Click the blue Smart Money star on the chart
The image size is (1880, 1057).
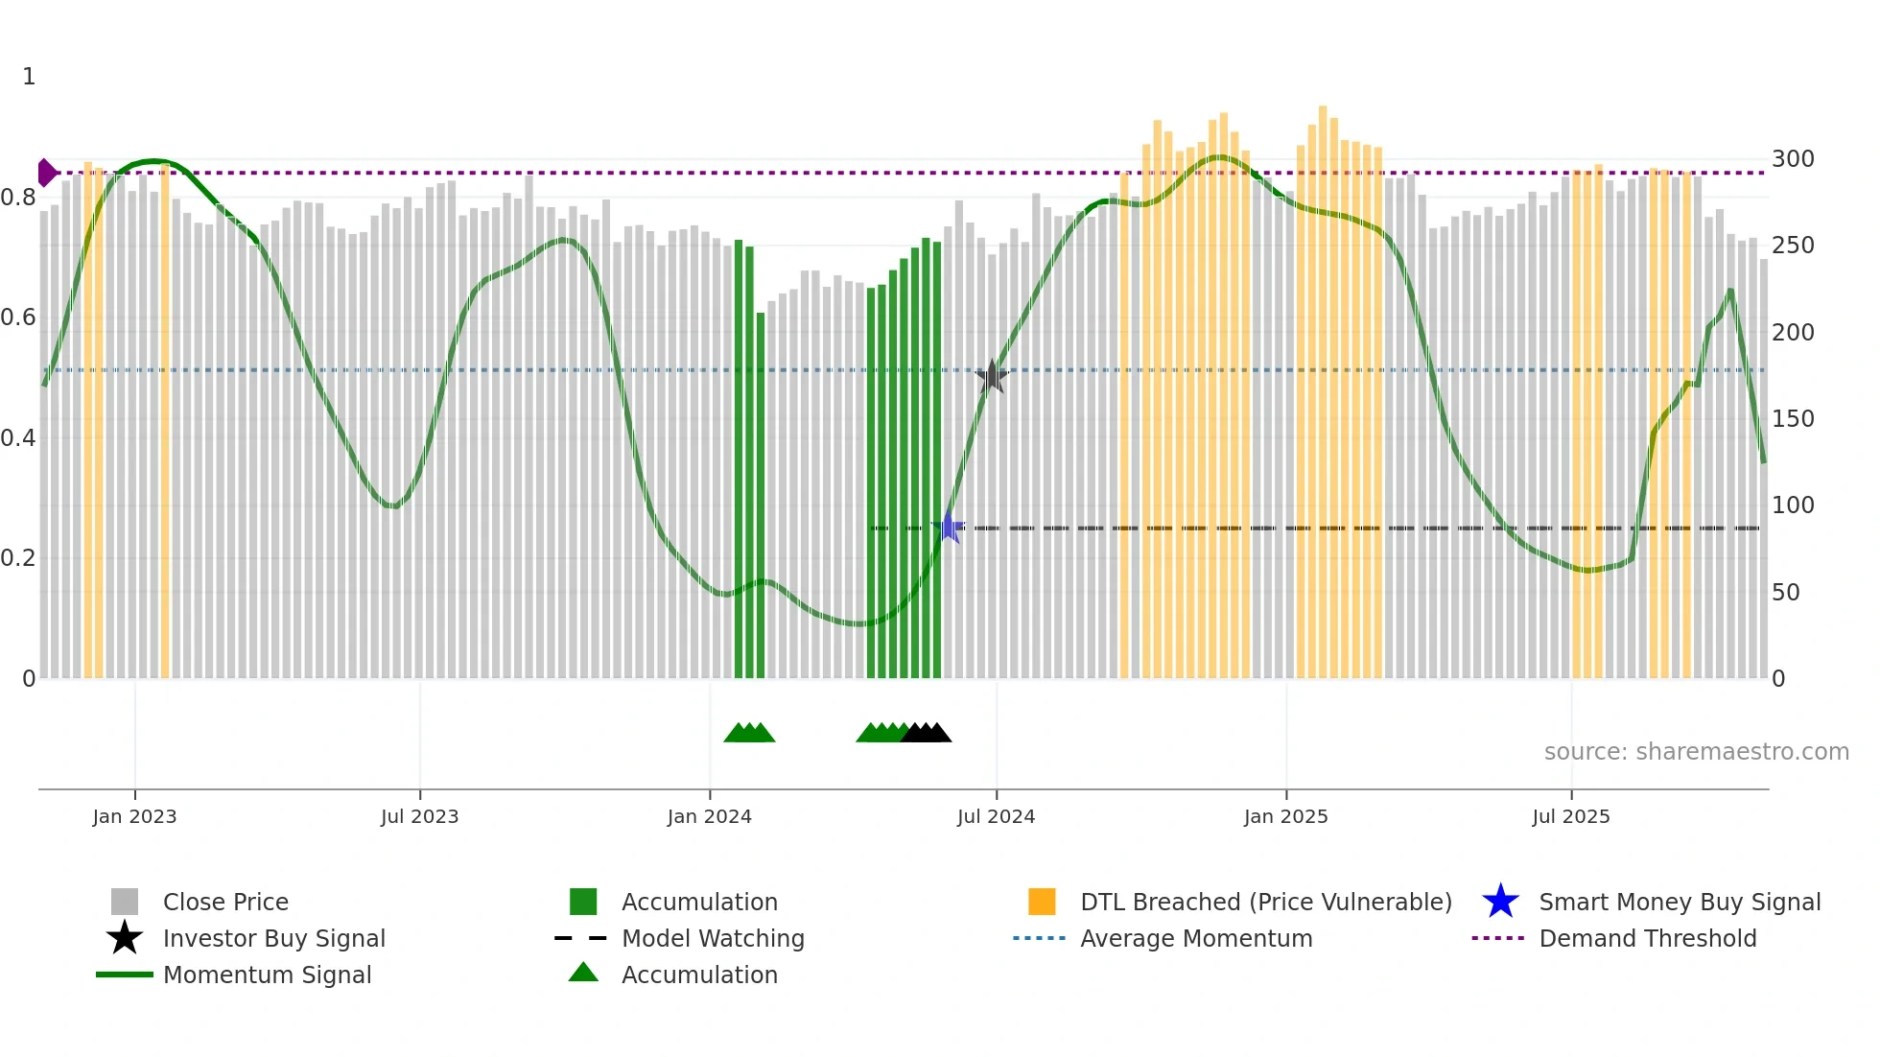pyautogui.click(x=949, y=528)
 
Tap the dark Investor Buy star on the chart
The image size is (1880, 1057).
pyautogui.click(x=992, y=376)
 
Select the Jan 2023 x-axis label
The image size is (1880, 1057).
pyautogui.click(x=134, y=816)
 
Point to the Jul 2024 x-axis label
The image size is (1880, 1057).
pyautogui.click(x=996, y=816)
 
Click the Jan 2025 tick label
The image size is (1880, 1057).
pyautogui.click(x=1285, y=816)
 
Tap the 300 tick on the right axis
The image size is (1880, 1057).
pyautogui.click(x=1792, y=159)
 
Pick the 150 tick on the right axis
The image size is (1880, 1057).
pyautogui.click(x=1792, y=419)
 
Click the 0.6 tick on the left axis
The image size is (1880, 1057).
pyautogui.click(x=18, y=317)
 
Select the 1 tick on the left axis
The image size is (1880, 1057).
pyautogui.click(x=29, y=77)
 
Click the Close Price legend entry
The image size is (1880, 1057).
pyautogui.click(x=225, y=903)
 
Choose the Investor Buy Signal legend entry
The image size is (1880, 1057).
pyautogui.click(x=273, y=939)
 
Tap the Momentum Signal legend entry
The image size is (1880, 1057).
pyautogui.click(x=267, y=975)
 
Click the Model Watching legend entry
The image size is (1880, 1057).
pyautogui.click(x=713, y=939)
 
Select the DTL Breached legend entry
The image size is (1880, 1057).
pyautogui.click(x=1265, y=903)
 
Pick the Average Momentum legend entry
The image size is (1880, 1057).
pyautogui.click(x=1196, y=939)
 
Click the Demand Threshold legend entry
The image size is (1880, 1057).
pyautogui.click(x=1647, y=939)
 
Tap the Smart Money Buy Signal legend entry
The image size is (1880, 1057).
pyautogui.click(x=1679, y=903)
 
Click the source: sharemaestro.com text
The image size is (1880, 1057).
pyautogui.click(x=1696, y=752)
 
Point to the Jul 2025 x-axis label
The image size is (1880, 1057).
pyautogui.click(x=1570, y=816)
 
